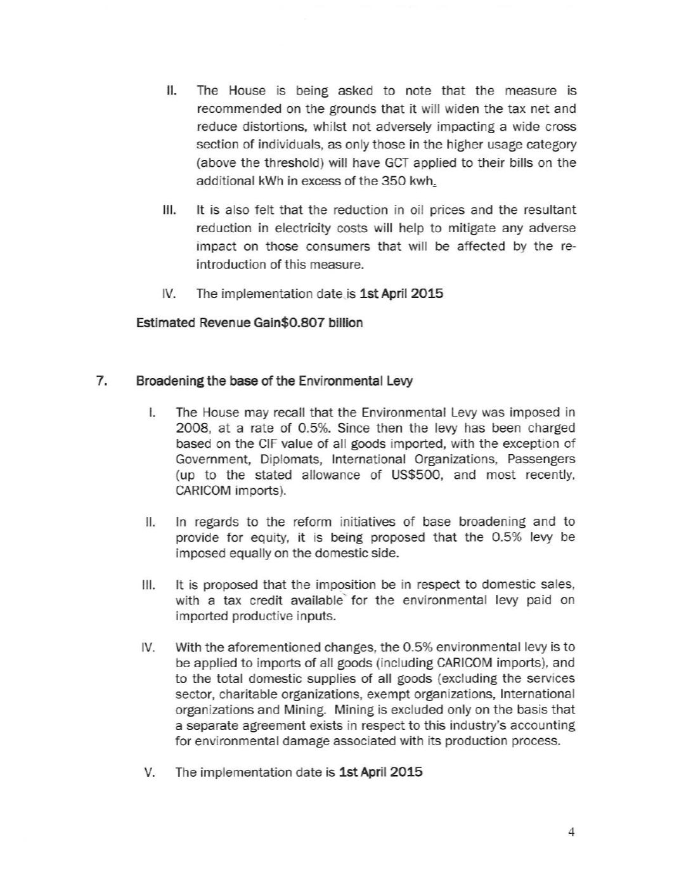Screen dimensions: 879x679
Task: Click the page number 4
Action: point(571,832)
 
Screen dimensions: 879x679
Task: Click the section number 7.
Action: point(100,381)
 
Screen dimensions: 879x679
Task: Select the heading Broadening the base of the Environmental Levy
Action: point(274,381)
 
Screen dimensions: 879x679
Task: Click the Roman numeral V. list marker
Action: point(150,772)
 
